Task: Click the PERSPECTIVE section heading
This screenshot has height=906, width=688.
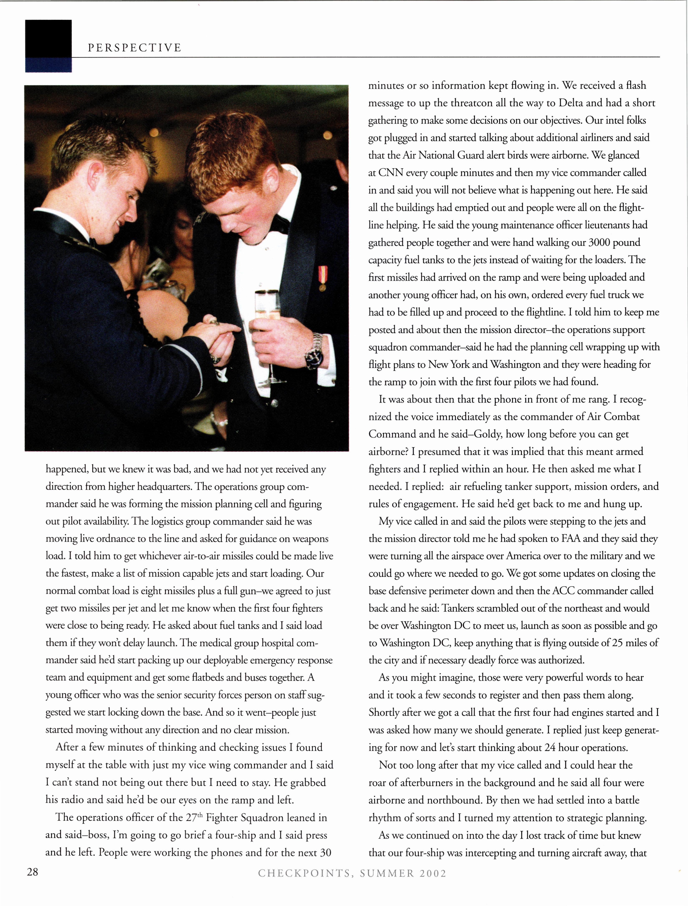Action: click(134, 48)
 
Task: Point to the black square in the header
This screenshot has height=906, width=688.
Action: click(48, 39)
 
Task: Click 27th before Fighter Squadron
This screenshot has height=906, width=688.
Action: click(194, 818)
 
